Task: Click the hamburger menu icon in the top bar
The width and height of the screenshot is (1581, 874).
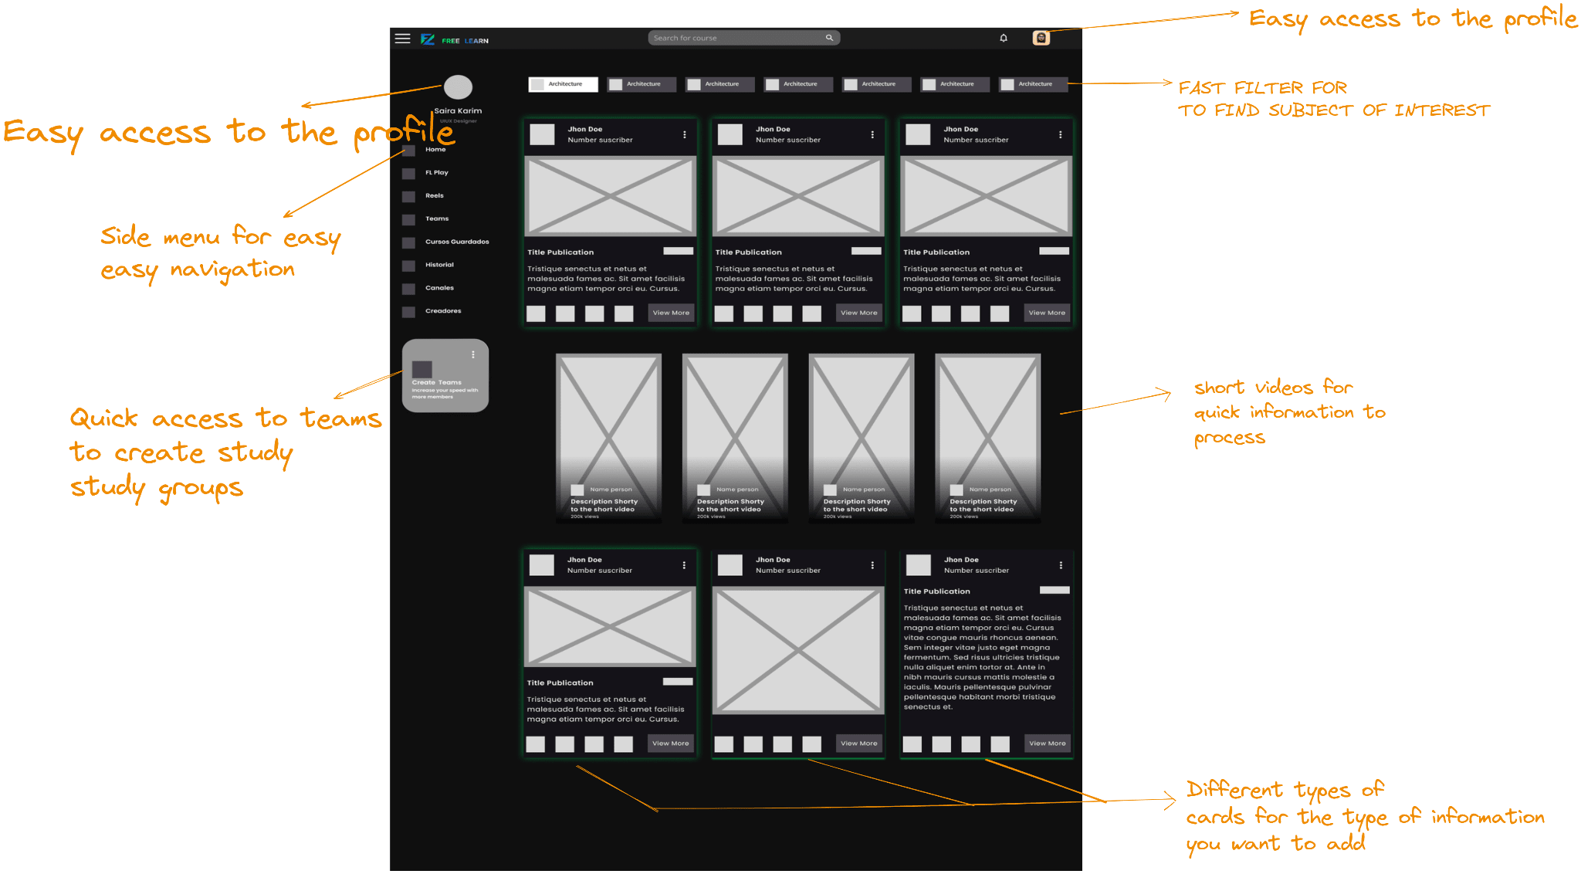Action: (402, 38)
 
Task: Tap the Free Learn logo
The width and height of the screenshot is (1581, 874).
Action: (455, 39)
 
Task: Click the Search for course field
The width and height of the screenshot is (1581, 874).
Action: (733, 38)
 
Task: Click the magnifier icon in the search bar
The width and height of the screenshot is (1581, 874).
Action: (829, 38)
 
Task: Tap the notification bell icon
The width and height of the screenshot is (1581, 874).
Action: (1004, 38)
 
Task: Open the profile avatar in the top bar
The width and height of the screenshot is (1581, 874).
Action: (1041, 38)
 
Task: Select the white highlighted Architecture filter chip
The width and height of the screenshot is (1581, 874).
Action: (563, 84)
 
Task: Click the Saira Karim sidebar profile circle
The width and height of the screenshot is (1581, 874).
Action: (458, 87)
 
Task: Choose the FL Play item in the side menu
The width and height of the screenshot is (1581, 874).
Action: (436, 173)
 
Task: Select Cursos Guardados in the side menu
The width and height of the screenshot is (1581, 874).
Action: (456, 242)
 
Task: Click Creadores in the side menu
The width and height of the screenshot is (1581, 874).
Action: (442, 311)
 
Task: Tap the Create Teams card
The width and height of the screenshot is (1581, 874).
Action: (445, 376)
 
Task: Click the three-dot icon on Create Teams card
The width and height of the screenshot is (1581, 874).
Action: (473, 354)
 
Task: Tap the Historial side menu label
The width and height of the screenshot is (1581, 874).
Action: (439, 265)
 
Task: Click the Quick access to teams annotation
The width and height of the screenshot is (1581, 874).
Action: (224, 452)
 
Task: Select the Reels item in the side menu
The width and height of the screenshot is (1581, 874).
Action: (434, 196)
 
